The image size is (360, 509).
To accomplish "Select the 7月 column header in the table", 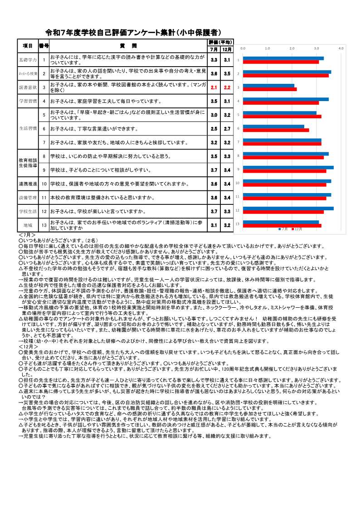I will pyautogui.click(x=214, y=49).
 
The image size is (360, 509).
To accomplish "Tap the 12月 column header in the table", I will pyautogui.click(x=227, y=49).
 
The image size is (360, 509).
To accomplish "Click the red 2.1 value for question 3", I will pyautogui.click(x=214, y=87).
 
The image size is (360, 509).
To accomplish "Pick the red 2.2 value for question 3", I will pyautogui.click(x=227, y=87).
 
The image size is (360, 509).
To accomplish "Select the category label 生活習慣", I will pyautogui.click(x=28, y=129).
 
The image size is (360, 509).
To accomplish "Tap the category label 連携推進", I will pyautogui.click(x=28, y=184).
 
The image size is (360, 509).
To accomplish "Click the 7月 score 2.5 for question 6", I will pyautogui.click(x=214, y=129).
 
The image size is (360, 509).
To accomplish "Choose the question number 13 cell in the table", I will pyautogui.click(x=44, y=225).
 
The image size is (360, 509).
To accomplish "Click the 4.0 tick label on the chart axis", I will pyautogui.click(x=341, y=48).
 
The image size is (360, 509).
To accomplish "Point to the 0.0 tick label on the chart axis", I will pyautogui.click(x=243, y=48).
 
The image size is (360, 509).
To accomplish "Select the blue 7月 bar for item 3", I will pyautogui.click(x=268, y=85).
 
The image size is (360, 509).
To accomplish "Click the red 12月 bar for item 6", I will pyautogui.click(x=276, y=131).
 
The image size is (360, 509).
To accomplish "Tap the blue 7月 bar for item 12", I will pyautogui.click(x=288, y=208).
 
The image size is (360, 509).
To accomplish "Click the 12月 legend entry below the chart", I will pyautogui.click(x=297, y=229).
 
